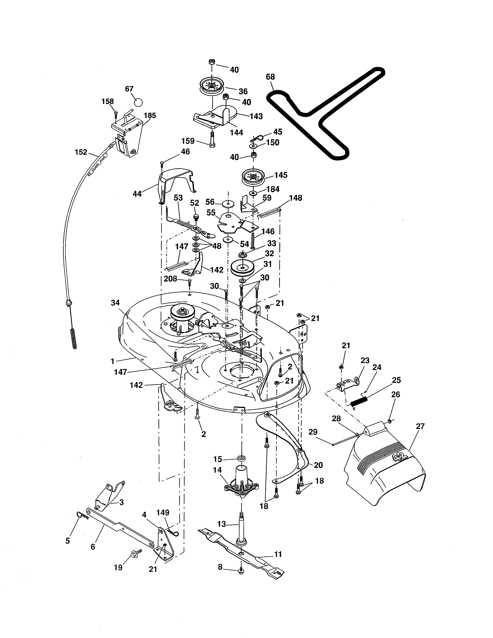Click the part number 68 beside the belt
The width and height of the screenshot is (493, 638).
270,77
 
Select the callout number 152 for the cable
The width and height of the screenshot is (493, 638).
81,152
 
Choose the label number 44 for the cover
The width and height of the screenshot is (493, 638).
137,194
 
